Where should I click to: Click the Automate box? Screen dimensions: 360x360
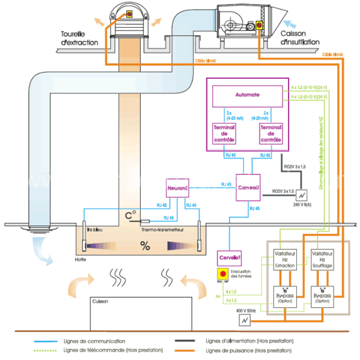(x=247, y=96)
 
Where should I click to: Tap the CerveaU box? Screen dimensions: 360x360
(x=248, y=186)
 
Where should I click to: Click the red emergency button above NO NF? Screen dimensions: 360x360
(x=222, y=273)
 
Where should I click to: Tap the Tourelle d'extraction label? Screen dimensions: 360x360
(x=80, y=38)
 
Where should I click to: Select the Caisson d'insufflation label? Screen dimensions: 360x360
(x=300, y=38)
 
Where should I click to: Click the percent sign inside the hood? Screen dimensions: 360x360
(x=145, y=246)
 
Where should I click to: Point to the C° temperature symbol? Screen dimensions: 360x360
(x=130, y=216)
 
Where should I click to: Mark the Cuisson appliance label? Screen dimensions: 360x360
(x=100, y=301)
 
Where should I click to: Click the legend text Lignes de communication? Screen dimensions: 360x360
(x=94, y=342)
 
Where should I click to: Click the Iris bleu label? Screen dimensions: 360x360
(x=95, y=229)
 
